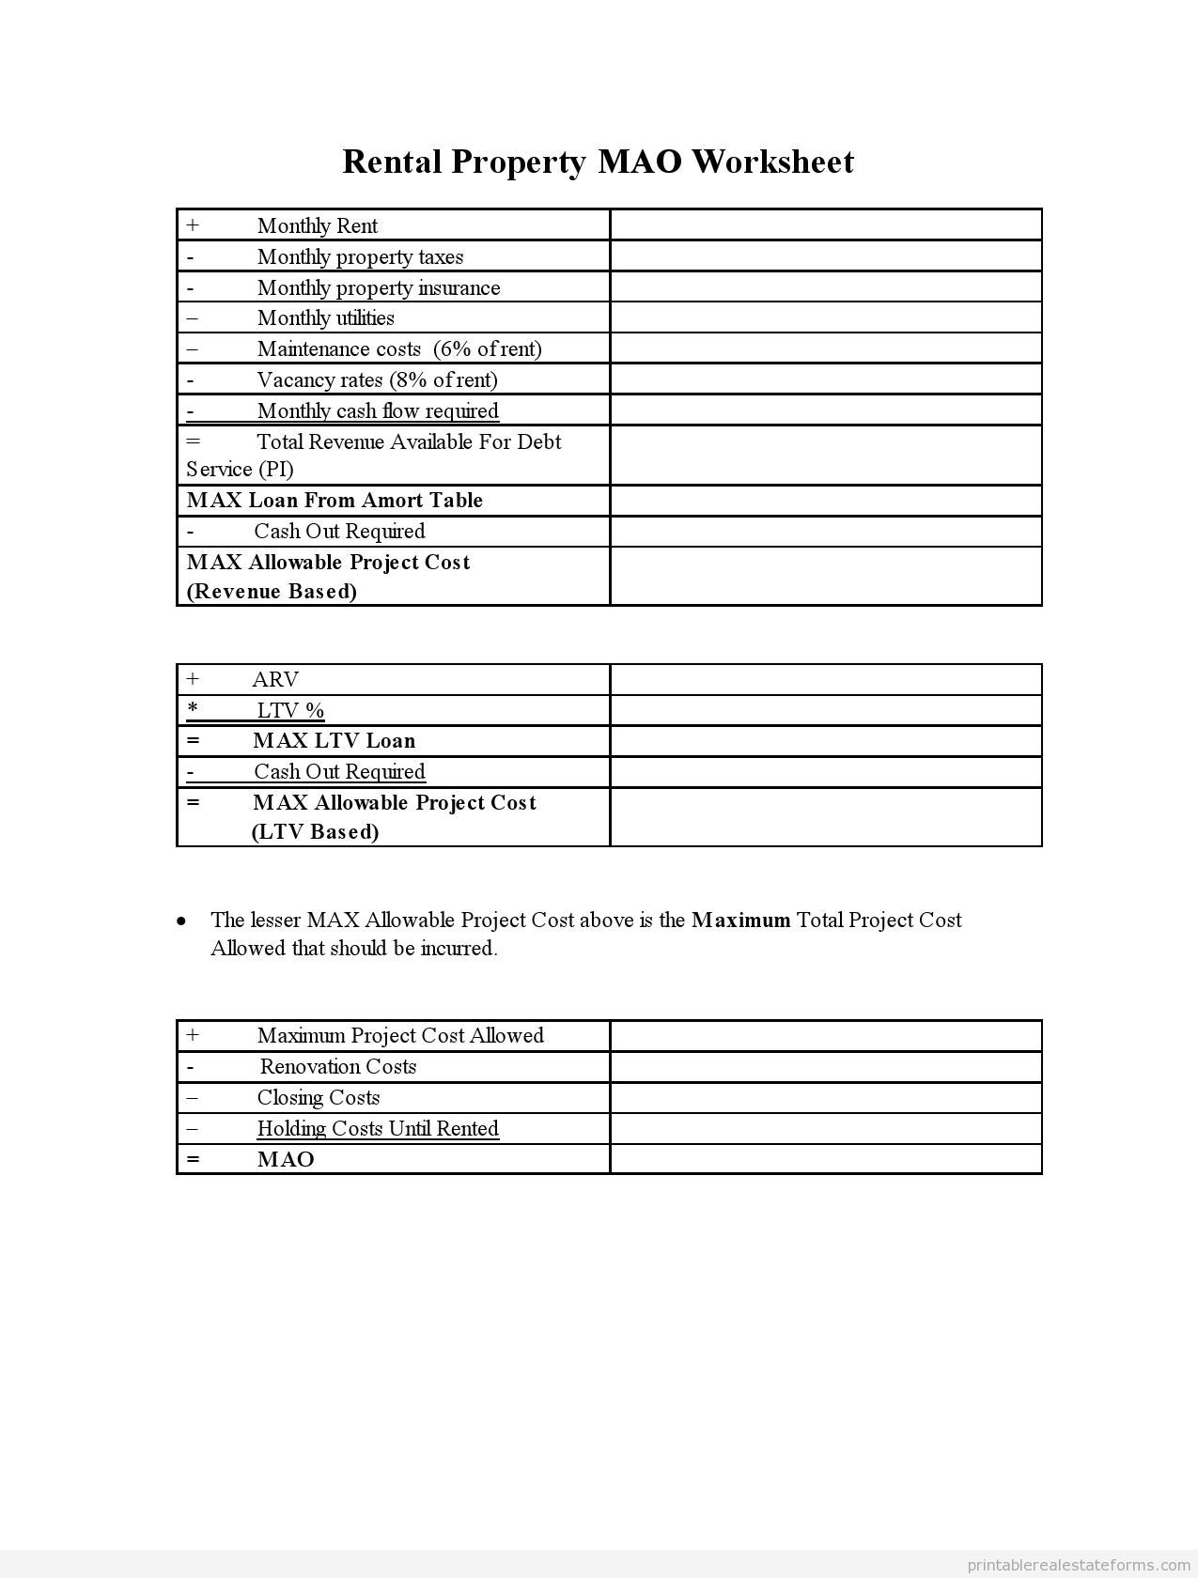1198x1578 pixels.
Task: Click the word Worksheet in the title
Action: tap(772, 162)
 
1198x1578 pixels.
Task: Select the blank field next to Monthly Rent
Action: tap(825, 225)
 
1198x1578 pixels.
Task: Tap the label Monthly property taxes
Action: tap(360, 256)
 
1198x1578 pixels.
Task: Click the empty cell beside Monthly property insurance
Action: tap(825, 286)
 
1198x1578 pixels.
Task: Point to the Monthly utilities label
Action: tap(325, 317)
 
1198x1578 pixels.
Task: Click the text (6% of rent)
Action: tap(487, 348)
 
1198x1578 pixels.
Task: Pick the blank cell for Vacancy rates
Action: tap(825, 379)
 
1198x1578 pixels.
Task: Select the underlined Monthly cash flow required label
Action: tap(378, 410)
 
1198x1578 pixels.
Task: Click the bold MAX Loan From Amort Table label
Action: tap(335, 500)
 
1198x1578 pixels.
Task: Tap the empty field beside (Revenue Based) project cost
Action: tap(825, 576)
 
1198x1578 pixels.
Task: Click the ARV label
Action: tap(275, 679)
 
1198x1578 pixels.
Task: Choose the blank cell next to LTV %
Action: tap(825, 710)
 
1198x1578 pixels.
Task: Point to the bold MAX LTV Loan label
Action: tap(334, 740)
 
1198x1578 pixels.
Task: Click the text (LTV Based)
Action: tap(315, 831)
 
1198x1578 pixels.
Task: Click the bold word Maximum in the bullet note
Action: tap(740, 920)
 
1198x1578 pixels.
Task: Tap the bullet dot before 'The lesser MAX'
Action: tap(181, 920)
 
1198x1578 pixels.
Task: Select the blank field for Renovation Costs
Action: tap(825, 1066)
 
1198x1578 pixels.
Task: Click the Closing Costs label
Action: tap(319, 1097)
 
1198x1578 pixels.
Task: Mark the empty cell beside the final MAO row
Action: tap(825, 1158)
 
